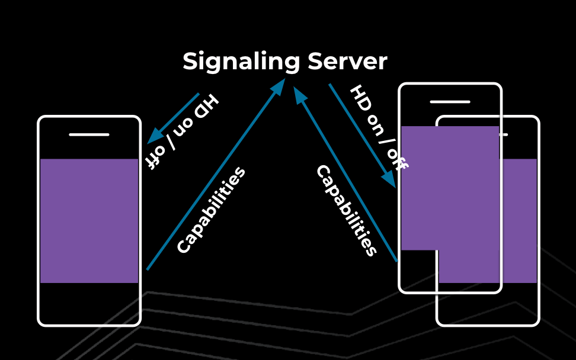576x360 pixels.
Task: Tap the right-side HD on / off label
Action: point(378,128)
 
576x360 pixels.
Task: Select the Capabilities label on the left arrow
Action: point(211,211)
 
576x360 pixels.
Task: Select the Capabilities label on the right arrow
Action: point(346,211)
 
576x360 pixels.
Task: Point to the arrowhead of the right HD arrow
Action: point(389,180)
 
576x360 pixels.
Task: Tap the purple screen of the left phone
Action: point(89,220)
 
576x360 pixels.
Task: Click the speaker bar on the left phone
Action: point(89,134)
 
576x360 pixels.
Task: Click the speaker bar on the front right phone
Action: point(450,102)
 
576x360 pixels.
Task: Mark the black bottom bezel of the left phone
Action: point(89,303)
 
